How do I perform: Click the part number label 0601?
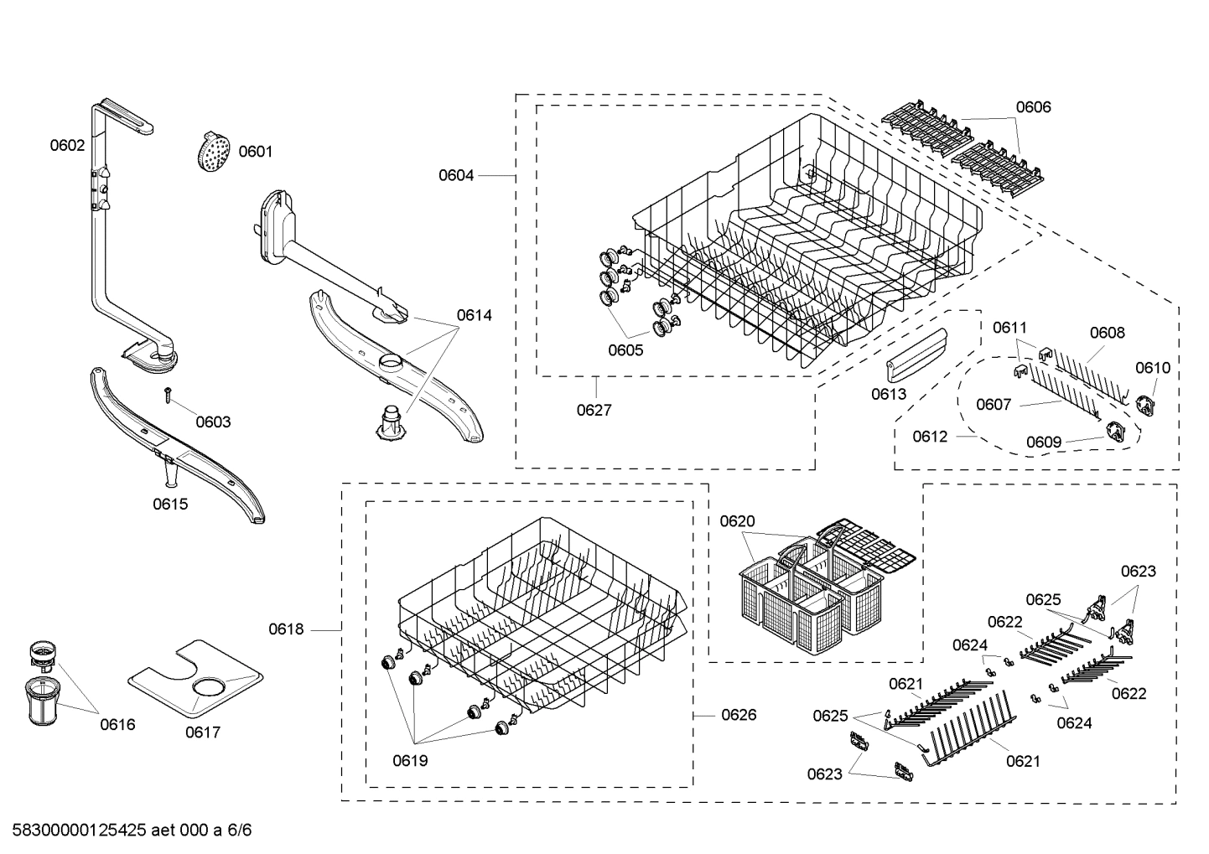click(x=255, y=152)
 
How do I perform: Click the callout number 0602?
click(x=67, y=145)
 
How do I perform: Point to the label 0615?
click(x=170, y=504)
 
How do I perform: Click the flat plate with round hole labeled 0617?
click(x=195, y=680)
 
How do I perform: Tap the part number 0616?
click(x=117, y=725)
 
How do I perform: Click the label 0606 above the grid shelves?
click(x=1033, y=106)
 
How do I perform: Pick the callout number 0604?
click(x=456, y=175)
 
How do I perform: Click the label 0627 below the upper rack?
click(x=594, y=410)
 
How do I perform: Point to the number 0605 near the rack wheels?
click(x=625, y=350)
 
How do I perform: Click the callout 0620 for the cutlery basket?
click(x=737, y=521)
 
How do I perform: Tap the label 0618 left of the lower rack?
click(x=286, y=629)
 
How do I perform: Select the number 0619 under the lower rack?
click(x=410, y=760)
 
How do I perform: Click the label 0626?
click(x=739, y=715)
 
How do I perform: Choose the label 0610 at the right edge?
click(x=1153, y=368)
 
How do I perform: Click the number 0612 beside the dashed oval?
click(x=930, y=437)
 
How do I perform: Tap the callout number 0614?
click(x=474, y=315)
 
